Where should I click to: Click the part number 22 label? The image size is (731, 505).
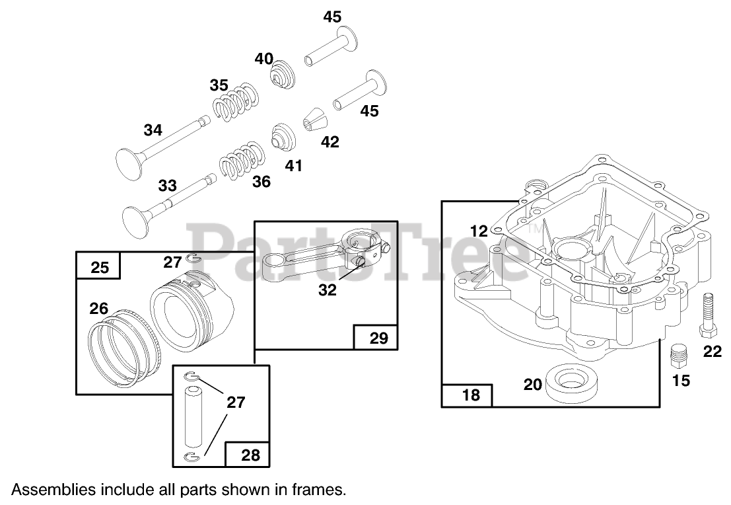click(712, 352)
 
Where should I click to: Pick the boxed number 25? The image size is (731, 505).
click(99, 267)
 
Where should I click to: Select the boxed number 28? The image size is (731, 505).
click(250, 454)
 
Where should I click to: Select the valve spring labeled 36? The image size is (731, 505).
click(241, 159)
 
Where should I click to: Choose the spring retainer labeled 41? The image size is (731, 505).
click(285, 136)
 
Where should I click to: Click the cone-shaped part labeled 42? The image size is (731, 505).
click(315, 122)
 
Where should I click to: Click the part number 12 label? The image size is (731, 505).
click(479, 231)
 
